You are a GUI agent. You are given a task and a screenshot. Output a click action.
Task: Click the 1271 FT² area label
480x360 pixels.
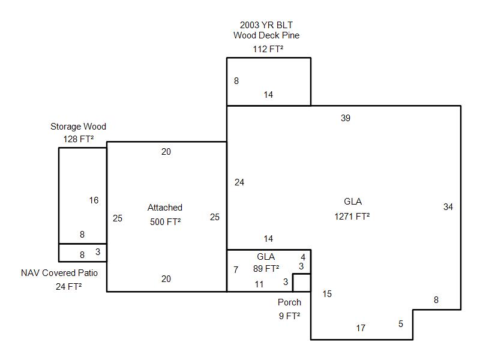tap(352, 217)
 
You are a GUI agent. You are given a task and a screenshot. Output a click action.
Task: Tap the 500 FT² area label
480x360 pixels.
tap(166, 221)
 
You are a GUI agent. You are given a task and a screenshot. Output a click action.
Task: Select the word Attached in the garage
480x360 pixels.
tap(165, 207)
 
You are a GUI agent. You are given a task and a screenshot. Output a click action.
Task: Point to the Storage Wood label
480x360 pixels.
tap(79, 127)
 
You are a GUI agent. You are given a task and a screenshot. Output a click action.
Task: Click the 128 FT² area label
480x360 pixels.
tap(79, 139)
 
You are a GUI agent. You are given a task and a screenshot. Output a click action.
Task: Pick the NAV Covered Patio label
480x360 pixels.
tap(59, 273)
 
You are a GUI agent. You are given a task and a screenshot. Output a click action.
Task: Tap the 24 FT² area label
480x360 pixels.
tap(68, 287)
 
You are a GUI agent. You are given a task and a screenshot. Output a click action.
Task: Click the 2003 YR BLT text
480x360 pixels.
tap(266, 25)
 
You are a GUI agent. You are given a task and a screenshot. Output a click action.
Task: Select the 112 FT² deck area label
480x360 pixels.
tap(268, 49)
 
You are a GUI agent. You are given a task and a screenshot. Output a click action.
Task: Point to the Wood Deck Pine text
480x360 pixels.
tap(266, 35)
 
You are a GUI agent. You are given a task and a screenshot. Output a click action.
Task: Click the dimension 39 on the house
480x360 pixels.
tap(346, 118)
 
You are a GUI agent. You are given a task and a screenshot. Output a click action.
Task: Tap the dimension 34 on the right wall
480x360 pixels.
tap(448, 206)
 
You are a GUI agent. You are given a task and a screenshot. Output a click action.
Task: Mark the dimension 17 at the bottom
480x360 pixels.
tap(361, 328)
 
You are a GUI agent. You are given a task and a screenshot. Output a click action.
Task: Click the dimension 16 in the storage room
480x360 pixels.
tap(94, 200)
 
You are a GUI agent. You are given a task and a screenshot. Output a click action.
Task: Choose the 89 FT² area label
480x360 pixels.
tap(266, 268)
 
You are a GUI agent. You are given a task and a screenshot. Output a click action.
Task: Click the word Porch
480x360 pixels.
tap(290, 302)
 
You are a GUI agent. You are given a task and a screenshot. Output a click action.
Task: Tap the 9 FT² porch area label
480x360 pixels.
tap(290, 316)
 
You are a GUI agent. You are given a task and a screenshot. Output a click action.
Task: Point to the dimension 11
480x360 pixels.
tap(259, 284)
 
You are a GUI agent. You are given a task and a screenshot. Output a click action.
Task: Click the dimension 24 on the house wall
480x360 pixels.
tap(239, 182)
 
